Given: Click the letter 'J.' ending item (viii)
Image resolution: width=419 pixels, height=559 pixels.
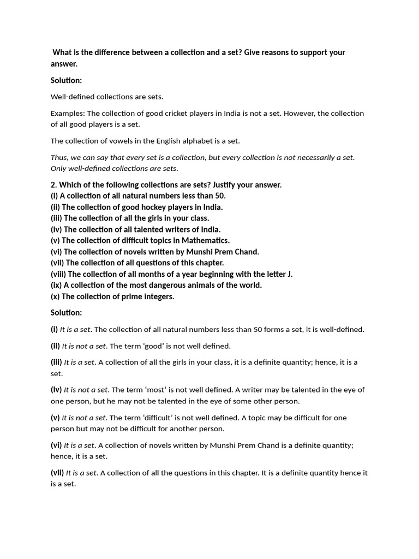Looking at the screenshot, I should point(289,274).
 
